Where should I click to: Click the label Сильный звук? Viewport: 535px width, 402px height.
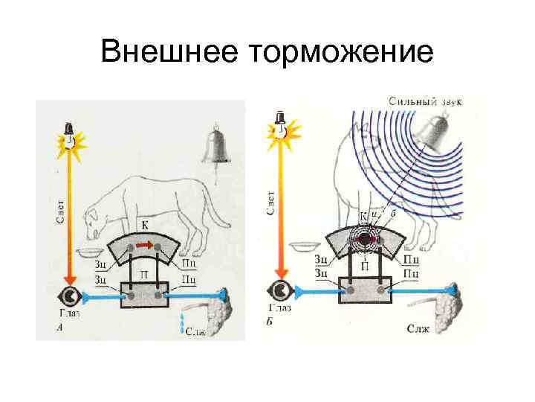click(x=424, y=100)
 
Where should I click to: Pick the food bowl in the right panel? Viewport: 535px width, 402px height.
click(x=304, y=246)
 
